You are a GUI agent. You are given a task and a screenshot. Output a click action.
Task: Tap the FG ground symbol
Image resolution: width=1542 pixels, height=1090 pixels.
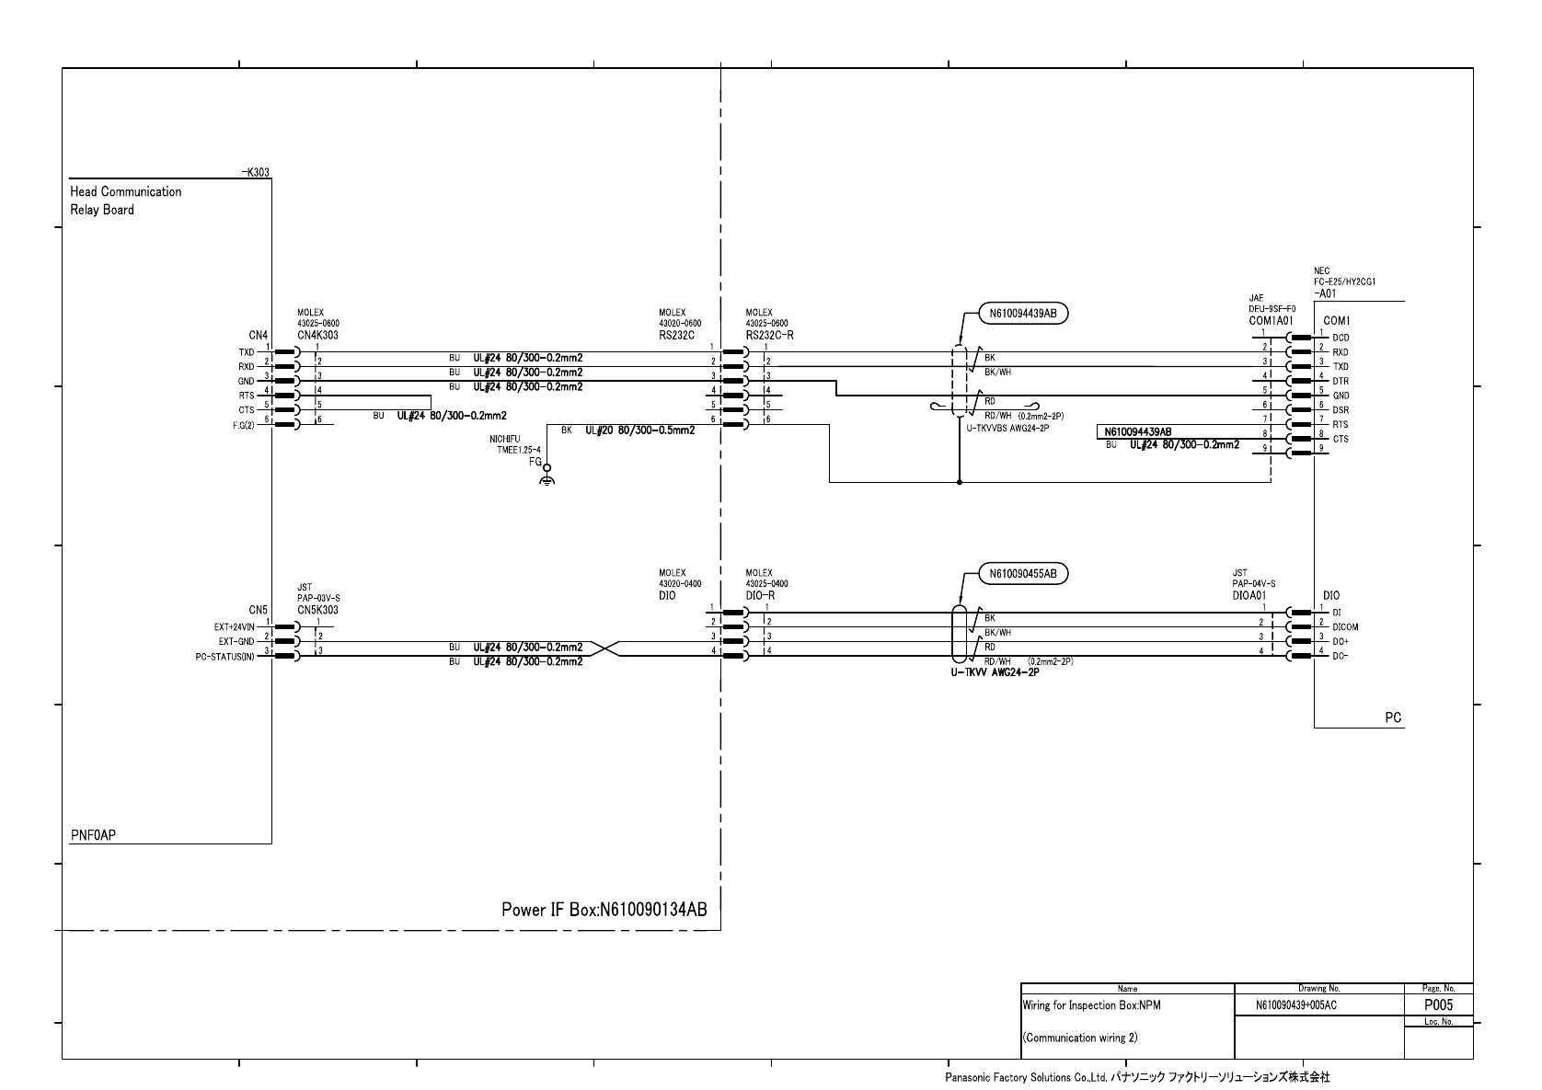[x=547, y=476]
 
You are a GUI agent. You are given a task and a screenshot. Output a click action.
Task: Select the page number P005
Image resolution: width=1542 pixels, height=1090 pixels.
[x=1438, y=1005]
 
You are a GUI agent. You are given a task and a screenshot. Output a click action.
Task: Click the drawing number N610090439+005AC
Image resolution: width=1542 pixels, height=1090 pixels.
[x=1295, y=1005]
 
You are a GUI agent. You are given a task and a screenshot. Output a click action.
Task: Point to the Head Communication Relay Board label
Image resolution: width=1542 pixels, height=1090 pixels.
[x=126, y=201]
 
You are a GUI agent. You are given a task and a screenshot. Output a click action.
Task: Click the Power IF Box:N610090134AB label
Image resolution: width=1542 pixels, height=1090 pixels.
[x=604, y=910]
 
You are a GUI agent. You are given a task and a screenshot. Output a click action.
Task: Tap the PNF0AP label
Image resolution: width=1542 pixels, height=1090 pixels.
[x=94, y=835]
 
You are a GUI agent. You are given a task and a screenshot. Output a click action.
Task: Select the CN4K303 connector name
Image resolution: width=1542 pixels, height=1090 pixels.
[x=317, y=336]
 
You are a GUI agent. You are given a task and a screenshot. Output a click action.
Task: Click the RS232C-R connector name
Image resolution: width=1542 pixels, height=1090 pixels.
[x=769, y=336]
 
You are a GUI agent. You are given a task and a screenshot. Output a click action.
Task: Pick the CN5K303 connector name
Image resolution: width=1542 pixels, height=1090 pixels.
[x=317, y=610]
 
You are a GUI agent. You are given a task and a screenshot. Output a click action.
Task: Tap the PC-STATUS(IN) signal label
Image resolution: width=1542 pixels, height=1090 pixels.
[x=224, y=657]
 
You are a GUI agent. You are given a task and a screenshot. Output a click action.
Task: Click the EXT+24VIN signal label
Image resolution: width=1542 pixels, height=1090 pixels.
[x=234, y=627]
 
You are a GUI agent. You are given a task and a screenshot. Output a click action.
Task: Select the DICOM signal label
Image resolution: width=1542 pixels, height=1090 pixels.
[x=1345, y=627]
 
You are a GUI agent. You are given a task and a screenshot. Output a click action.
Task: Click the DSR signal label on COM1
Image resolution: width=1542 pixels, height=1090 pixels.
[x=1341, y=410]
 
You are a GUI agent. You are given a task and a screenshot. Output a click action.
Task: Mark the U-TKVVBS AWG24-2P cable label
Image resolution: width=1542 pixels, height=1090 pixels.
[x=1007, y=428]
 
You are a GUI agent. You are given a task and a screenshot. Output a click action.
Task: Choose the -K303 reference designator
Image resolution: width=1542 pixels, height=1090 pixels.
[x=256, y=173]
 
